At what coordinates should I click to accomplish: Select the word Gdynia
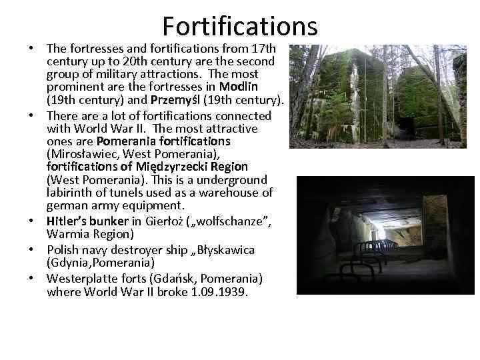[x=70, y=263]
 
